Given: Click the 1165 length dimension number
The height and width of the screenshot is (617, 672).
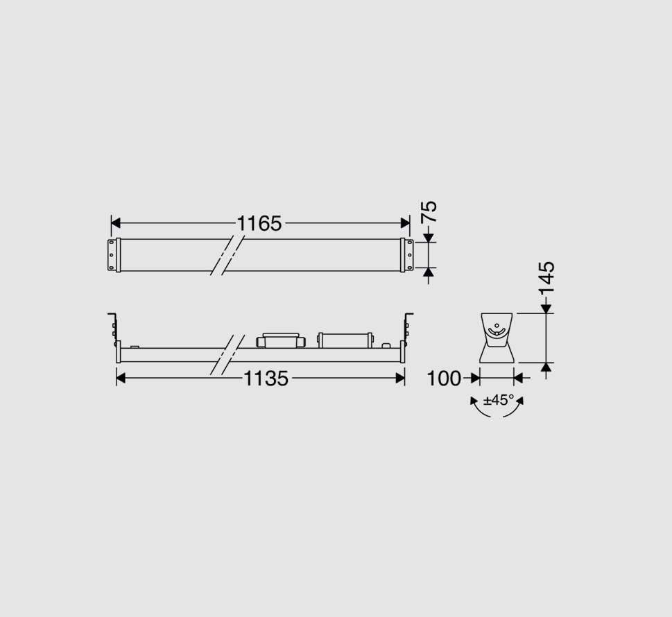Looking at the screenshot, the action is pyautogui.click(x=259, y=224).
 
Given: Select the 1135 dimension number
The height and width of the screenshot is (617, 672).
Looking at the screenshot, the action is pyautogui.click(x=266, y=379).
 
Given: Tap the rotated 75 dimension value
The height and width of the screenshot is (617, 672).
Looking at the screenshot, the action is pyautogui.click(x=429, y=211).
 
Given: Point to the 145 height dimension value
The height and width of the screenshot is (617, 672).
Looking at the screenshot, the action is pyautogui.click(x=547, y=277).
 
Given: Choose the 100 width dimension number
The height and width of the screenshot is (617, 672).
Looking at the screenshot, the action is pyautogui.click(x=444, y=379).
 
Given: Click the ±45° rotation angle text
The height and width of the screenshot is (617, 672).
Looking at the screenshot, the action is pyautogui.click(x=499, y=400).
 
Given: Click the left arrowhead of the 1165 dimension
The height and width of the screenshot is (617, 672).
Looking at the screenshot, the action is pyautogui.click(x=116, y=223).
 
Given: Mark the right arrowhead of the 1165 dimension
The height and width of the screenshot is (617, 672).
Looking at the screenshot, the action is pyautogui.click(x=405, y=223).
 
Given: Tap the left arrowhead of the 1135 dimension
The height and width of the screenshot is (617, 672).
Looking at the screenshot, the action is pyautogui.click(x=121, y=379).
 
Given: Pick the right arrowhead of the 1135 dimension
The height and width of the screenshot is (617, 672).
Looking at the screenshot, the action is pyautogui.click(x=400, y=379).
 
